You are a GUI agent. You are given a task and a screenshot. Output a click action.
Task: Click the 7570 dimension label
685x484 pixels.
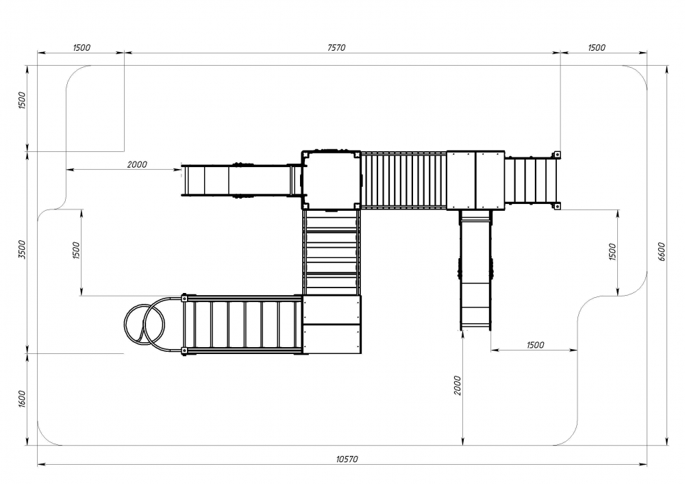point(336,47)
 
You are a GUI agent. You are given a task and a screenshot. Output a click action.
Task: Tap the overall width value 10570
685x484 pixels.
point(347,459)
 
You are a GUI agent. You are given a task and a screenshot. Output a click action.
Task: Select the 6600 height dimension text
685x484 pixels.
point(661,251)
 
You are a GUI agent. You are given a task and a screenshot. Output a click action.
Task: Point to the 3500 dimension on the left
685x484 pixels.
point(22,249)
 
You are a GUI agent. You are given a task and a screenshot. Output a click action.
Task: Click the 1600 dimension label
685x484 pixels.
point(23,399)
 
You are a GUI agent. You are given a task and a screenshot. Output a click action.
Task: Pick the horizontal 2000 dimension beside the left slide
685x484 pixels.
point(137,164)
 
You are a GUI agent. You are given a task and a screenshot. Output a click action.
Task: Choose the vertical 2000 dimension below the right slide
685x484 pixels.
point(457,385)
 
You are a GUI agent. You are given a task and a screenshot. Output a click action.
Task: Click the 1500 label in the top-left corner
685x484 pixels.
point(82,47)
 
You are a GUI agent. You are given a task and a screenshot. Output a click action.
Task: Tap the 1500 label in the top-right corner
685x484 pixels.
point(597,47)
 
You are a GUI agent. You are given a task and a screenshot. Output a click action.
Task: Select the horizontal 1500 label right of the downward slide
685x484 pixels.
point(535,345)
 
